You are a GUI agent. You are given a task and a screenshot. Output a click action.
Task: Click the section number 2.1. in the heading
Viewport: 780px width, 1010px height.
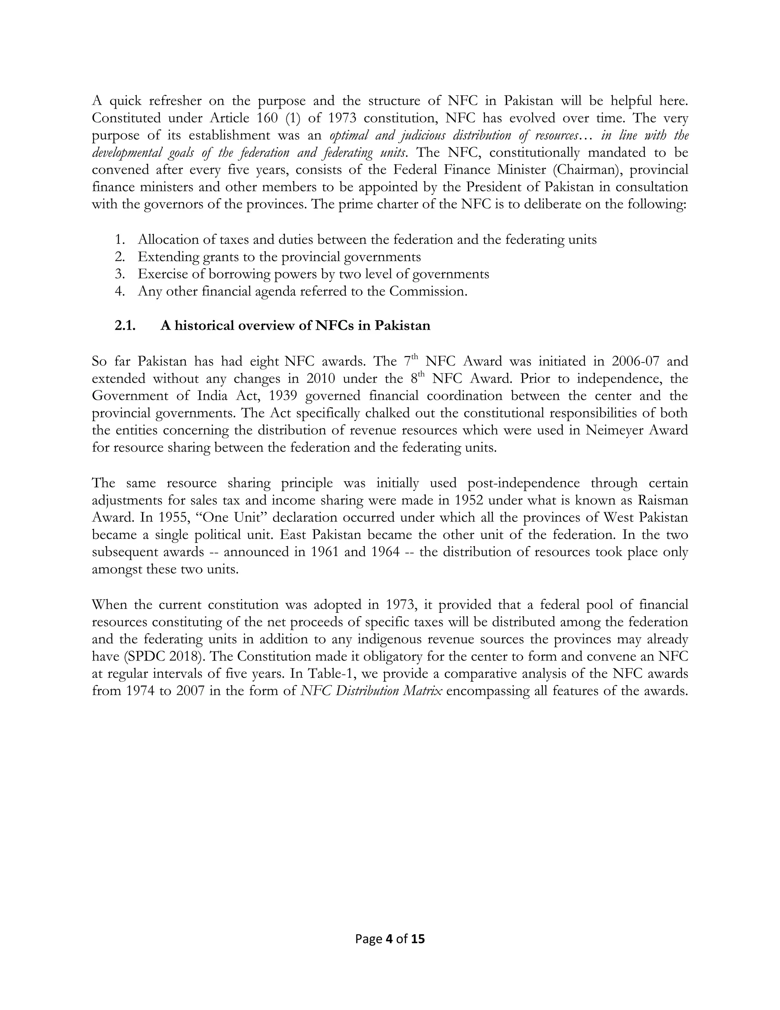125,326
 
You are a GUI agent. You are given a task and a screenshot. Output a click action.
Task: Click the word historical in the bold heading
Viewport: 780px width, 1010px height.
203,326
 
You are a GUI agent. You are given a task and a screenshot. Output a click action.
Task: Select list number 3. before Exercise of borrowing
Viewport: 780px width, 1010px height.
120,274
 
